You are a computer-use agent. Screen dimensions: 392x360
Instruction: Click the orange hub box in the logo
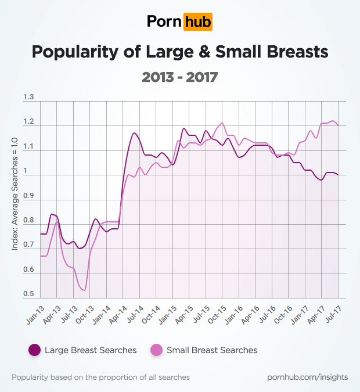[197, 22]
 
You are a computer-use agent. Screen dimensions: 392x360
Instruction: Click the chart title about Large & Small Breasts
[180, 52]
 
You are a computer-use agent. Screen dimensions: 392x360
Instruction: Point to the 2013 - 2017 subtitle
[180, 76]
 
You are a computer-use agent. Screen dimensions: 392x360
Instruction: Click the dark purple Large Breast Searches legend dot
[34, 350]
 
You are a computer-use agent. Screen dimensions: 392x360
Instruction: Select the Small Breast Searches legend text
[212, 350]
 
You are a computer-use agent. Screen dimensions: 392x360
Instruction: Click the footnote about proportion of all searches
[100, 377]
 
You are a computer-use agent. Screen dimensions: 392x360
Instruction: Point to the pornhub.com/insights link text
[308, 377]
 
